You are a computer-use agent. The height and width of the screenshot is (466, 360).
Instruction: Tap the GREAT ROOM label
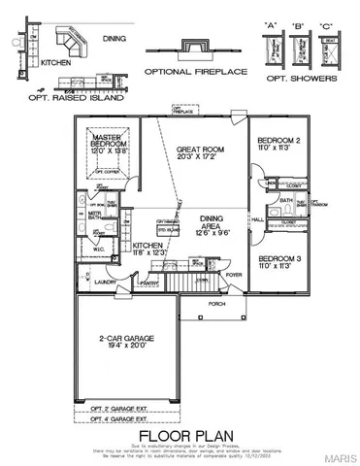click(201, 150)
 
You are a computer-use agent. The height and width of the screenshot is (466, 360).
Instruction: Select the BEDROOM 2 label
click(276, 142)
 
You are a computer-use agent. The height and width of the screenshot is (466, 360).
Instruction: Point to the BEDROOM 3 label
click(276, 258)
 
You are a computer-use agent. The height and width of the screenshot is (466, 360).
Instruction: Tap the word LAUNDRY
click(90, 283)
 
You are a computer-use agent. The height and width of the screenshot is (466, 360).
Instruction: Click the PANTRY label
click(149, 283)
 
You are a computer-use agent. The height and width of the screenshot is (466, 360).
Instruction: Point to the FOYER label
click(234, 275)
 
